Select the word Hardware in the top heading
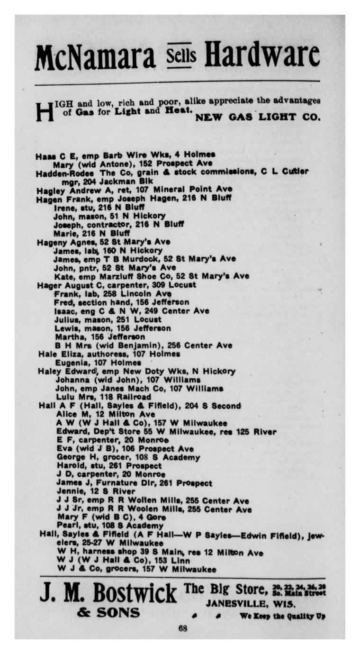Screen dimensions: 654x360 262,56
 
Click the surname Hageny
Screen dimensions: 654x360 52,242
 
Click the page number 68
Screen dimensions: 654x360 183,629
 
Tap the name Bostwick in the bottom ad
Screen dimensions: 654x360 135,593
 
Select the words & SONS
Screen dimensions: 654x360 108,613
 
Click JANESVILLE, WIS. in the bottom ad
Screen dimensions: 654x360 251,604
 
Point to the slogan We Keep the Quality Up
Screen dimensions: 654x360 282,616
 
